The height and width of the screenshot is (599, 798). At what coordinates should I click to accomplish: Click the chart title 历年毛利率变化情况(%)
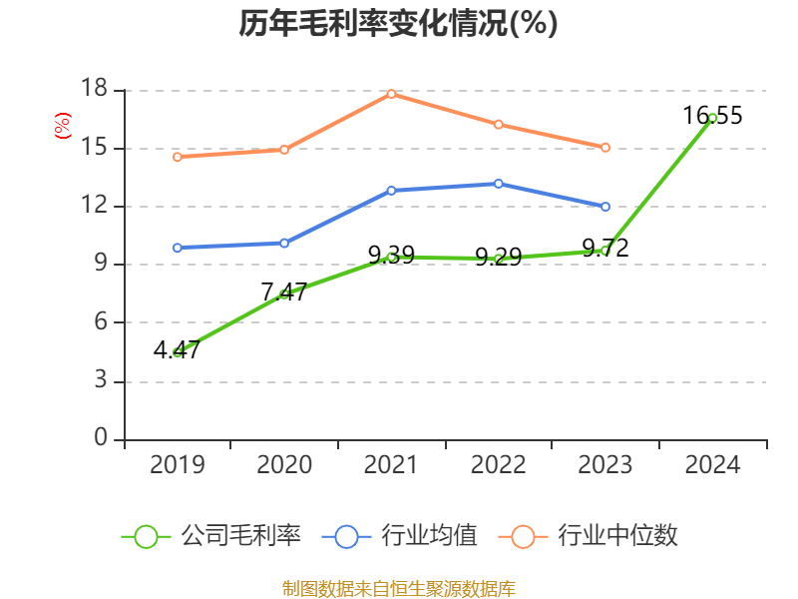[397, 24]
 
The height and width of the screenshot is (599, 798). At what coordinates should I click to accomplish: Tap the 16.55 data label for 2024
[712, 116]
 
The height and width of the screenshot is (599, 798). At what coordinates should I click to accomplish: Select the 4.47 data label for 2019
[177, 350]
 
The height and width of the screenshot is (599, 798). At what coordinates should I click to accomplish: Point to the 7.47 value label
[283, 292]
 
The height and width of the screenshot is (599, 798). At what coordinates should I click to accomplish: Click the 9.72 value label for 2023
[605, 248]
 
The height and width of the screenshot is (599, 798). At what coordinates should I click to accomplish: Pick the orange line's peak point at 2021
[391, 94]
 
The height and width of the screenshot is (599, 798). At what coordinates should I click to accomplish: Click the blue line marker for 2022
[498, 184]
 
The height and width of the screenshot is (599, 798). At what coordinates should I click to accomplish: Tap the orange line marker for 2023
[605, 148]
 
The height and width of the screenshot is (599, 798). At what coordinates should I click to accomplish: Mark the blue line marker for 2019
[178, 248]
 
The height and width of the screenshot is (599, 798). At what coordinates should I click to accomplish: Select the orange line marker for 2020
[284, 150]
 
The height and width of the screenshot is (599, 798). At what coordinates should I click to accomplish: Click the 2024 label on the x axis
[712, 465]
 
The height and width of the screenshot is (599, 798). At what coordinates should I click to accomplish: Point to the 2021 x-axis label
[391, 465]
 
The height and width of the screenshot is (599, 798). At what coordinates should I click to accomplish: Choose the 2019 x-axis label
[178, 465]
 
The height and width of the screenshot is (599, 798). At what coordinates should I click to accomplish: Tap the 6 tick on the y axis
[101, 322]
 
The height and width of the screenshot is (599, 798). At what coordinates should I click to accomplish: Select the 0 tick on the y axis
[101, 438]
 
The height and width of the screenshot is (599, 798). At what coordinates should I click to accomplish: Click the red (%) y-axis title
[63, 126]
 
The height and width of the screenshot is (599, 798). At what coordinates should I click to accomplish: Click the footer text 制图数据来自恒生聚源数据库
[399, 588]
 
